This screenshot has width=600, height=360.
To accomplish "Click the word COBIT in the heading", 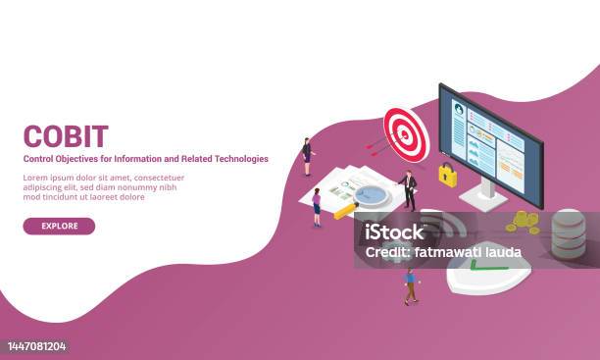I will click(x=66, y=134).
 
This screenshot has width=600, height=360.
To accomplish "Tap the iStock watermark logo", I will click(x=391, y=231).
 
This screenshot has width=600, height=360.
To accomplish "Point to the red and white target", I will click(x=406, y=132).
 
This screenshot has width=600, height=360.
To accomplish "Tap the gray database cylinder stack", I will click(x=568, y=233).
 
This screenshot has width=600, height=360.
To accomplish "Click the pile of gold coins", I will click(x=524, y=222).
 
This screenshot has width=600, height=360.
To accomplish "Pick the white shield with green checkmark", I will click(x=486, y=265).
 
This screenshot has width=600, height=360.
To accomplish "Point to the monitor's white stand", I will click(x=482, y=195).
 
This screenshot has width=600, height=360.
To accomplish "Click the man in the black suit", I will click(x=409, y=189).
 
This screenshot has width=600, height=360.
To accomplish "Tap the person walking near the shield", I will click(x=411, y=285).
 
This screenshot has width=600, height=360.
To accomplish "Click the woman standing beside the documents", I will click(x=317, y=207).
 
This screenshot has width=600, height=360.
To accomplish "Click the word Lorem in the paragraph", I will click(x=35, y=178).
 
